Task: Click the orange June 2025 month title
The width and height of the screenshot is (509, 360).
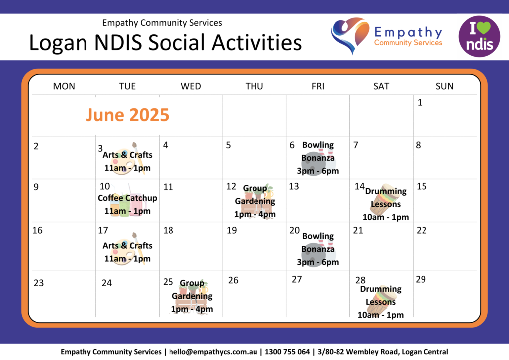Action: click(x=128, y=115)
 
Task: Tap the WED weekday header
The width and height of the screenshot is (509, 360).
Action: click(x=191, y=86)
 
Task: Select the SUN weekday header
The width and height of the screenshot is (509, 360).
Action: click(x=444, y=86)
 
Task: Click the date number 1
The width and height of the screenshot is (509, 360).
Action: click(x=420, y=102)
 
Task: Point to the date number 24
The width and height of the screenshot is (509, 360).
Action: click(x=107, y=283)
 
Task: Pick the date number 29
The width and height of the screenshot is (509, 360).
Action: click(x=421, y=279)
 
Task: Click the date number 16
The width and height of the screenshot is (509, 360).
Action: click(x=37, y=230)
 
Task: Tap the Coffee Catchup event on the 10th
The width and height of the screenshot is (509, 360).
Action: click(x=127, y=204)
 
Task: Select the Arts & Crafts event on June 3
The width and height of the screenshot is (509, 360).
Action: click(x=127, y=161)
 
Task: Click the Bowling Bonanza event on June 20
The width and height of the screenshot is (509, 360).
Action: click(x=318, y=249)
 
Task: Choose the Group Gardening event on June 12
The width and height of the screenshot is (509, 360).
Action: click(x=255, y=201)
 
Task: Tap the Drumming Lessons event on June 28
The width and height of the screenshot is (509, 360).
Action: click(x=380, y=302)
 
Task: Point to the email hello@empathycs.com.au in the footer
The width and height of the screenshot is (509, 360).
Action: click(x=213, y=352)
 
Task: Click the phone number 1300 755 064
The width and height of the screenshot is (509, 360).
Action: click(x=287, y=352)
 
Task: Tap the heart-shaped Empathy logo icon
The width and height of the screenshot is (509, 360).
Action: click(x=350, y=35)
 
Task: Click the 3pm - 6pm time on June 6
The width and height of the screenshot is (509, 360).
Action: click(x=318, y=171)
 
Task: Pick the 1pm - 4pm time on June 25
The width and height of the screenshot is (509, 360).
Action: click(x=192, y=309)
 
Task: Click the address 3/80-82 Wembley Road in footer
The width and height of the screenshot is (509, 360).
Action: click(x=358, y=352)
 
